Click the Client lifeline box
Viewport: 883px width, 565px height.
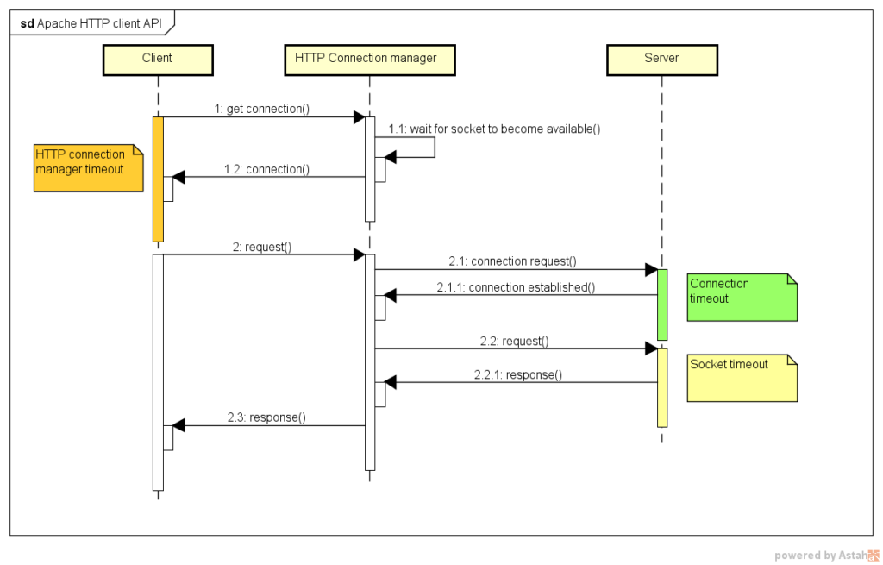pyautogui.click(x=158, y=60)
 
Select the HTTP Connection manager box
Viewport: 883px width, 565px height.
pyautogui.click(x=369, y=60)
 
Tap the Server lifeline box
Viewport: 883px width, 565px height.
pyautogui.click(x=661, y=60)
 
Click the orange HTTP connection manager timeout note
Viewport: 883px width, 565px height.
pyautogui.click(x=89, y=168)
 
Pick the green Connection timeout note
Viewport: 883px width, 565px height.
pyautogui.click(x=742, y=298)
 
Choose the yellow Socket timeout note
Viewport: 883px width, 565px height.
pyautogui.click(x=742, y=378)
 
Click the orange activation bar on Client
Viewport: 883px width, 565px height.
pyautogui.click(x=159, y=179)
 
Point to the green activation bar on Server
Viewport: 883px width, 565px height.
pyautogui.click(x=662, y=304)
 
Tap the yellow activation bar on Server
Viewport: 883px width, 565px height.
pyautogui.click(x=662, y=387)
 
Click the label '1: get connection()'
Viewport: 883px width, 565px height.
pyautogui.click(x=262, y=109)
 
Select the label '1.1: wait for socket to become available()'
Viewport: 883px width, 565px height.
pyautogui.click(x=494, y=129)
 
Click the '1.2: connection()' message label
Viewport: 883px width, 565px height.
pyautogui.click(x=266, y=169)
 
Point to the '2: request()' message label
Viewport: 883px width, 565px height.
pyautogui.click(x=262, y=247)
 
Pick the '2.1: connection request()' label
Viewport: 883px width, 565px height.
pyautogui.click(x=512, y=261)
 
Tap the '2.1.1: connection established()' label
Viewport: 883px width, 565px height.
pyautogui.click(x=516, y=287)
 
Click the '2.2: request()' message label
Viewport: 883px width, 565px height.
pyautogui.click(x=514, y=341)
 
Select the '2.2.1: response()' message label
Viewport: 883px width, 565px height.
pyautogui.click(x=518, y=374)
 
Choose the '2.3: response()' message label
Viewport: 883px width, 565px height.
pyautogui.click(x=266, y=417)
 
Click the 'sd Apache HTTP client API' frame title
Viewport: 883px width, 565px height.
pyautogui.click(x=91, y=23)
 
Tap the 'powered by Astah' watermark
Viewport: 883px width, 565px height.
pyautogui.click(x=826, y=556)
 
